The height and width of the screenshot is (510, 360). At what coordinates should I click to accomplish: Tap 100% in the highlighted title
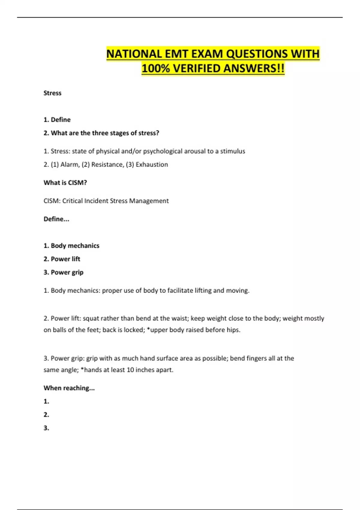pyautogui.click(x=156, y=68)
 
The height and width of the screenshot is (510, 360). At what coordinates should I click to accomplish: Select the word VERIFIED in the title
pyautogui.click(x=196, y=68)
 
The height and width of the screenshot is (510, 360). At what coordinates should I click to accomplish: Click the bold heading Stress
pyautogui.click(x=52, y=93)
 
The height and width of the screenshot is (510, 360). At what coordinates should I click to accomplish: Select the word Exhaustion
pyautogui.click(x=152, y=164)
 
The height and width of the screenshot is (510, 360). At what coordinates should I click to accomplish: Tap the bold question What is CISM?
pyautogui.click(x=65, y=183)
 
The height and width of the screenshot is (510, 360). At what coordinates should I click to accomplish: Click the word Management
pyautogui.click(x=149, y=201)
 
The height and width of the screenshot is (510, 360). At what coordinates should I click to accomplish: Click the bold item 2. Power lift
pyautogui.click(x=62, y=259)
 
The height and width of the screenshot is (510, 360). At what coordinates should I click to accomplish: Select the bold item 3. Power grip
pyautogui.click(x=63, y=272)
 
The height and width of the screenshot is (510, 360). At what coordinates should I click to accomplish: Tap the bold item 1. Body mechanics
pyautogui.click(x=71, y=246)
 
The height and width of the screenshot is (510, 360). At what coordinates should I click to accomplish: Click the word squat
pyautogui.click(x=91, y=318)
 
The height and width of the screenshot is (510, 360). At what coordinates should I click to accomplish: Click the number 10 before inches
pyautogui.click(x=130, y=370)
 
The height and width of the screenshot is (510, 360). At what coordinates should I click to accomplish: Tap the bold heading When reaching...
pyautogui.click(x=69, y=388)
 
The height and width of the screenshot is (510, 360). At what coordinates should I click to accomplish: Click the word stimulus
pyautogui.click(x=232, y=151)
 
